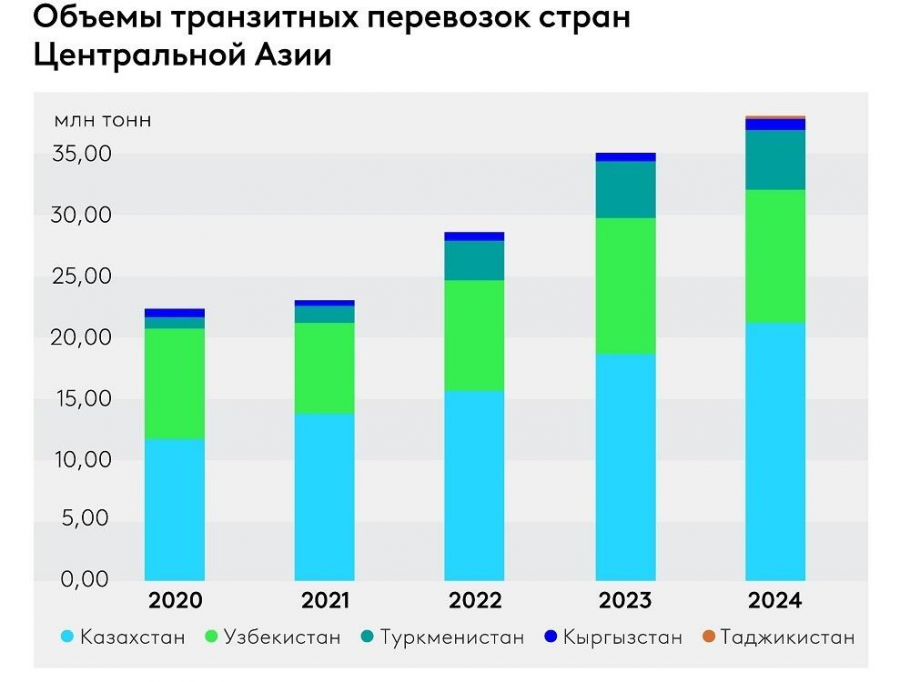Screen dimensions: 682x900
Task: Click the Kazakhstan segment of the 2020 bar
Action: (x=175, y=509)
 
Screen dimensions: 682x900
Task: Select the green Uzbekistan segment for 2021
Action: (x=325, y=368)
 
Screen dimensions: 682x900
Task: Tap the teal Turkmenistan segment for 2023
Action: (x=626, y=190)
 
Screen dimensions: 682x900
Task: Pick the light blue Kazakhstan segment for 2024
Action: (x=776, y=451)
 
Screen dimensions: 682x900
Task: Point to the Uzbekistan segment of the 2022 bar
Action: (x=475, y=335)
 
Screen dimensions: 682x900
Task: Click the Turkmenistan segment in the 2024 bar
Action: (x=776, y=160)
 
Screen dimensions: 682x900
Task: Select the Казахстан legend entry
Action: (x=123, y=637)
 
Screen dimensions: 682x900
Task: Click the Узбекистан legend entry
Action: (x=273, y=637)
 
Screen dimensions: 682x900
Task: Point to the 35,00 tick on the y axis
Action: (x=83, y=155)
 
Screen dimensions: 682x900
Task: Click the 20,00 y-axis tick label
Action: (x=83, y=338)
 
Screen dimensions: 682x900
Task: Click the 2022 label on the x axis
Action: (x=475, y=601)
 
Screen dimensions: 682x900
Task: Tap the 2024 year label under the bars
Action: (x=776, y=601)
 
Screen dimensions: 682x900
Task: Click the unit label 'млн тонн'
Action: (x=102, y=121)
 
